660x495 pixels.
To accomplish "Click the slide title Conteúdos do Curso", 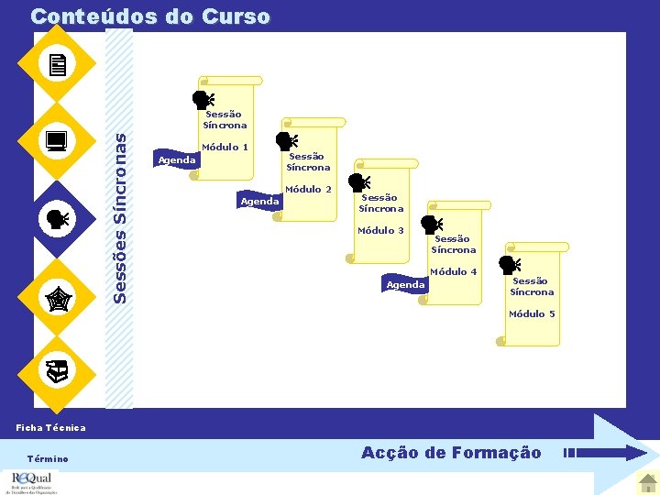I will coord(150,16).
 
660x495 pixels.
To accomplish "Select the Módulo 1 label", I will coord(225,147).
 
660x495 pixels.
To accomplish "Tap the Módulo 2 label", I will coord(308,189).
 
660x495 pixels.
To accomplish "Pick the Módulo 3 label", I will coord(380,230).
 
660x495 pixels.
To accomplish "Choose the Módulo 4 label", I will coord(454,271).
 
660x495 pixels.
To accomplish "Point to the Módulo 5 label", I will coord(532,313).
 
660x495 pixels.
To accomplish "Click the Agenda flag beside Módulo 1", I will coord(176,160).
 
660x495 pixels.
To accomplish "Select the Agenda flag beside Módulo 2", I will coord(258,201).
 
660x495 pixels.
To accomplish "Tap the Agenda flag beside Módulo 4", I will coord(405,284).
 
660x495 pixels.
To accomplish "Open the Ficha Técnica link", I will coord(51,427).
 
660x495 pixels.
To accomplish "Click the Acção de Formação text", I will coord(451,453).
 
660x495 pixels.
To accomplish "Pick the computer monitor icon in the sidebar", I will coord(57,141).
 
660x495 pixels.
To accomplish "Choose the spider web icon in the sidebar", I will coord(57,296).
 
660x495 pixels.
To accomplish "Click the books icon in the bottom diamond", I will coord(57,371).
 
